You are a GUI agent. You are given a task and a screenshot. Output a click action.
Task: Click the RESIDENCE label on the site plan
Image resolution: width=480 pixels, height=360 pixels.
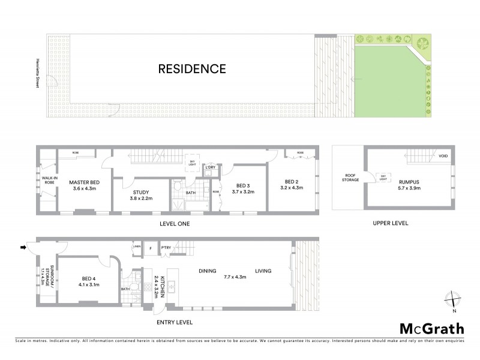(x=192, y=69)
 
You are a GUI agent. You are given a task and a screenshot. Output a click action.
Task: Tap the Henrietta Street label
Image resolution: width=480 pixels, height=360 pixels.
(x=37, y=73)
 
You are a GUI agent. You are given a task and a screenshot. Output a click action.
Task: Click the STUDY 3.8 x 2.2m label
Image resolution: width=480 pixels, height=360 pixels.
(x=141, y=196)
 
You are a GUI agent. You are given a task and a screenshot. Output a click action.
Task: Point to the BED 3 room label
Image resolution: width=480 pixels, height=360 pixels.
(x=242, y=188)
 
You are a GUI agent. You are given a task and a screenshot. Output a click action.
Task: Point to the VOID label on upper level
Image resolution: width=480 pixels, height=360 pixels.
(x=443, y=157)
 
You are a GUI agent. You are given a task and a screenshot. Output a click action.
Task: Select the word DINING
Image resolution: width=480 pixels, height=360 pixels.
(x=208, y=271)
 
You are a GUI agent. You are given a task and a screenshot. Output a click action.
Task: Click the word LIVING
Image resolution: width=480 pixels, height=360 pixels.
(x=263, y=271)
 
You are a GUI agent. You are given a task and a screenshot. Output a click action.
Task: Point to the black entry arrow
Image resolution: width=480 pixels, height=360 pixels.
(x=23, y=247)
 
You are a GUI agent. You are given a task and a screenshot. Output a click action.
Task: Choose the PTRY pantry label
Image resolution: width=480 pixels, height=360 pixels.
(x=166, y=247)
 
